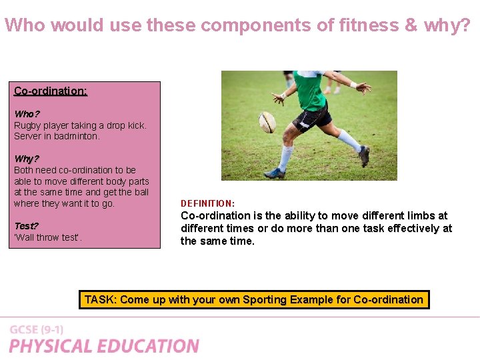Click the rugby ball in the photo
click(267, 121)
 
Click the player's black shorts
click(313, 118)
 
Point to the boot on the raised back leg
click(364, 156)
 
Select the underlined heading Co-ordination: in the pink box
click(51, 91)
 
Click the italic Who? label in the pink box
click(27, 114)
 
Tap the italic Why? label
click(27, 159)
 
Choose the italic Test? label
click(27, 226)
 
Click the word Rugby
click(28, 125)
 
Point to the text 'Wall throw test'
click(48, 237)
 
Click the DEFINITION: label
click(207, 203)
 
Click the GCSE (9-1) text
click(37, 330)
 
